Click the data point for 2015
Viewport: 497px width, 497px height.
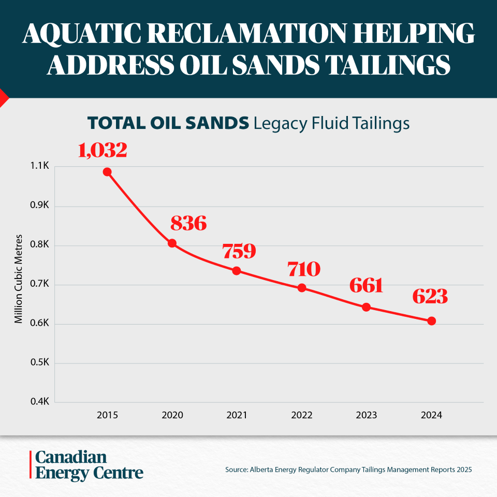107,172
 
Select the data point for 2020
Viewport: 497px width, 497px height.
172,243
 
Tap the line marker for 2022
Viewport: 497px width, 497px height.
302,288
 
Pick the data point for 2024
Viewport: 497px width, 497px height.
431,321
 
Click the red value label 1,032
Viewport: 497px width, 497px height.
103,150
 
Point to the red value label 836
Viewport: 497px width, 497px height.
188,223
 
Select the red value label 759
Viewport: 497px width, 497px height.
239,251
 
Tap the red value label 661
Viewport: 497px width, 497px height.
366,285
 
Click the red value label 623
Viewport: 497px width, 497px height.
430,296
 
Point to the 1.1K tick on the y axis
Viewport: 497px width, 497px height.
40,166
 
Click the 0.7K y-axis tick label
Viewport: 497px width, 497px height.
40,284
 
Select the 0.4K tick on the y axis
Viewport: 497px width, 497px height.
40,402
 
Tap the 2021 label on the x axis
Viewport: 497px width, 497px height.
237,415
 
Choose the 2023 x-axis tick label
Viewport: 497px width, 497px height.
367,415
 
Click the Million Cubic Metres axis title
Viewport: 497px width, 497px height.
19,279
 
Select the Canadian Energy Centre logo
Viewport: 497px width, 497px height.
86,465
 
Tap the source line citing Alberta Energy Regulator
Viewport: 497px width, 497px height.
348,470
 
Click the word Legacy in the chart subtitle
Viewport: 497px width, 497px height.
280,123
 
